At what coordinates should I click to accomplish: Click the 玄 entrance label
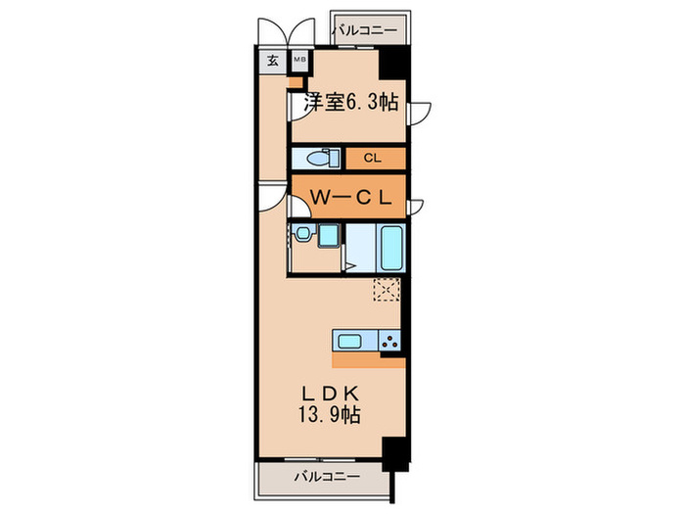coord(272,60)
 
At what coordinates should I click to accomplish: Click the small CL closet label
coord(372,158)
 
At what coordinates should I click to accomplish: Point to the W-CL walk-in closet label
coord(350,196)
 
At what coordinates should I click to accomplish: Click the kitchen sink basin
coord(350,341)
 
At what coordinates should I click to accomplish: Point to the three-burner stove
coord(388,341)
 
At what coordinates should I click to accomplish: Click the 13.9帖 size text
coord(330,415)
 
